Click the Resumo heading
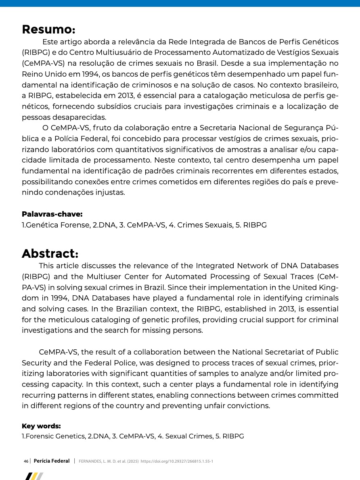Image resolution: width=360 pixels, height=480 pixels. tap(48, 29)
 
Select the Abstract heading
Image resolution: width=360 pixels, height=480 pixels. tap(50, 254)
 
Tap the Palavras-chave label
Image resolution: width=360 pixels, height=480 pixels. tap(52, 214)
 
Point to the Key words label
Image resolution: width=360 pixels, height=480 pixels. tap(41, 426)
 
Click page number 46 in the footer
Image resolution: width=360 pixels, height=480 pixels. tap(26, 461)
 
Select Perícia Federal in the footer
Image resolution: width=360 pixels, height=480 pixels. tap(52, 461)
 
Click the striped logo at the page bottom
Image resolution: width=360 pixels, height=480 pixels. tap(34, 476)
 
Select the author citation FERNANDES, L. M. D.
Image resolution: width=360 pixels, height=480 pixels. tap(100, 461)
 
